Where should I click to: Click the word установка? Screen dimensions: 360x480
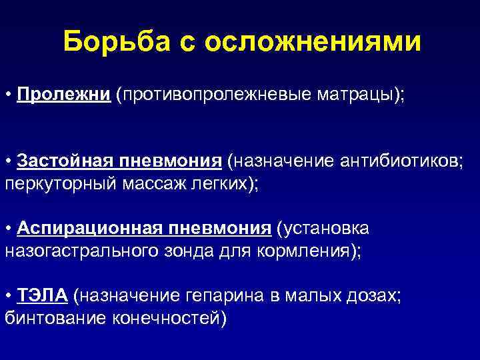point(330,229)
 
